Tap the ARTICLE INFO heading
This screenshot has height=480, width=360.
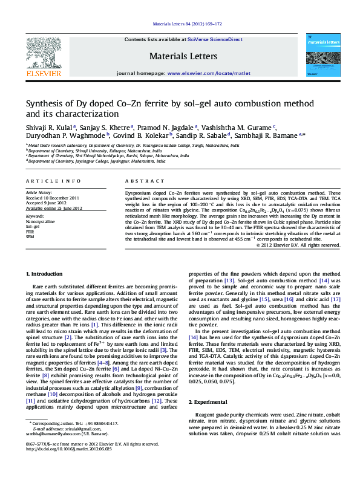click(53, 181)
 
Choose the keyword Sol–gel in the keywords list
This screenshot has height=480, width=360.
click(32, 227)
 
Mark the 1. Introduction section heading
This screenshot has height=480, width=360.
click(46, 274)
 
